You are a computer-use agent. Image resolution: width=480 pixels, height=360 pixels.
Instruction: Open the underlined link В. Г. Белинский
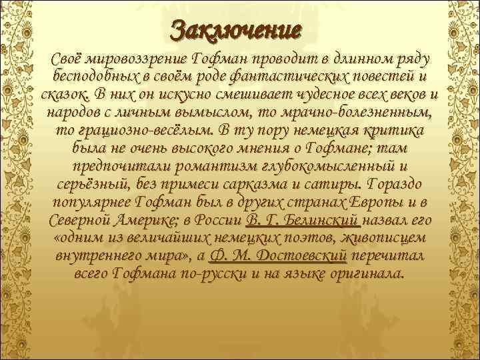pos(303,219)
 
